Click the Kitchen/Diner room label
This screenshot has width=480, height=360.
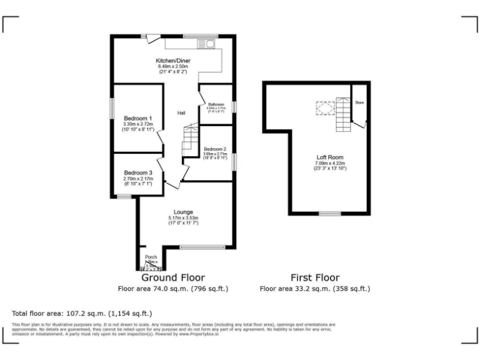pos(173,61)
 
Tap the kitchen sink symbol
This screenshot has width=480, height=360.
pos(207,44)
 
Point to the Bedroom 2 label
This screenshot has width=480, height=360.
pos(214,149)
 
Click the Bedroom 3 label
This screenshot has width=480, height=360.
pos(137,172)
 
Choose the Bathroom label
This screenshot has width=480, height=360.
pos(216,104)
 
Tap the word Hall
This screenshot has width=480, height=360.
pos(181,113)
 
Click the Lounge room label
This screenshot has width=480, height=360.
pos(183,212)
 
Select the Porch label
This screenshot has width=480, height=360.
pos(151,257)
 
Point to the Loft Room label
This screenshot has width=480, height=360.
pos(330,157)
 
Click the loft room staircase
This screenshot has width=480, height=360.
pos(342,114)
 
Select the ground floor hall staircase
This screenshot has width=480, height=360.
pos(189,141)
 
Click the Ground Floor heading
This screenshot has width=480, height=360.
pos(173,277)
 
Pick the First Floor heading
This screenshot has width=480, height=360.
pos(315,277)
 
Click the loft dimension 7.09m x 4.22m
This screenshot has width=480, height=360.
pos(330,163)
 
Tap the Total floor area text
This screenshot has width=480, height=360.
pos(82,313)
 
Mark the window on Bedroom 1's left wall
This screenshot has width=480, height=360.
pos(112,107)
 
